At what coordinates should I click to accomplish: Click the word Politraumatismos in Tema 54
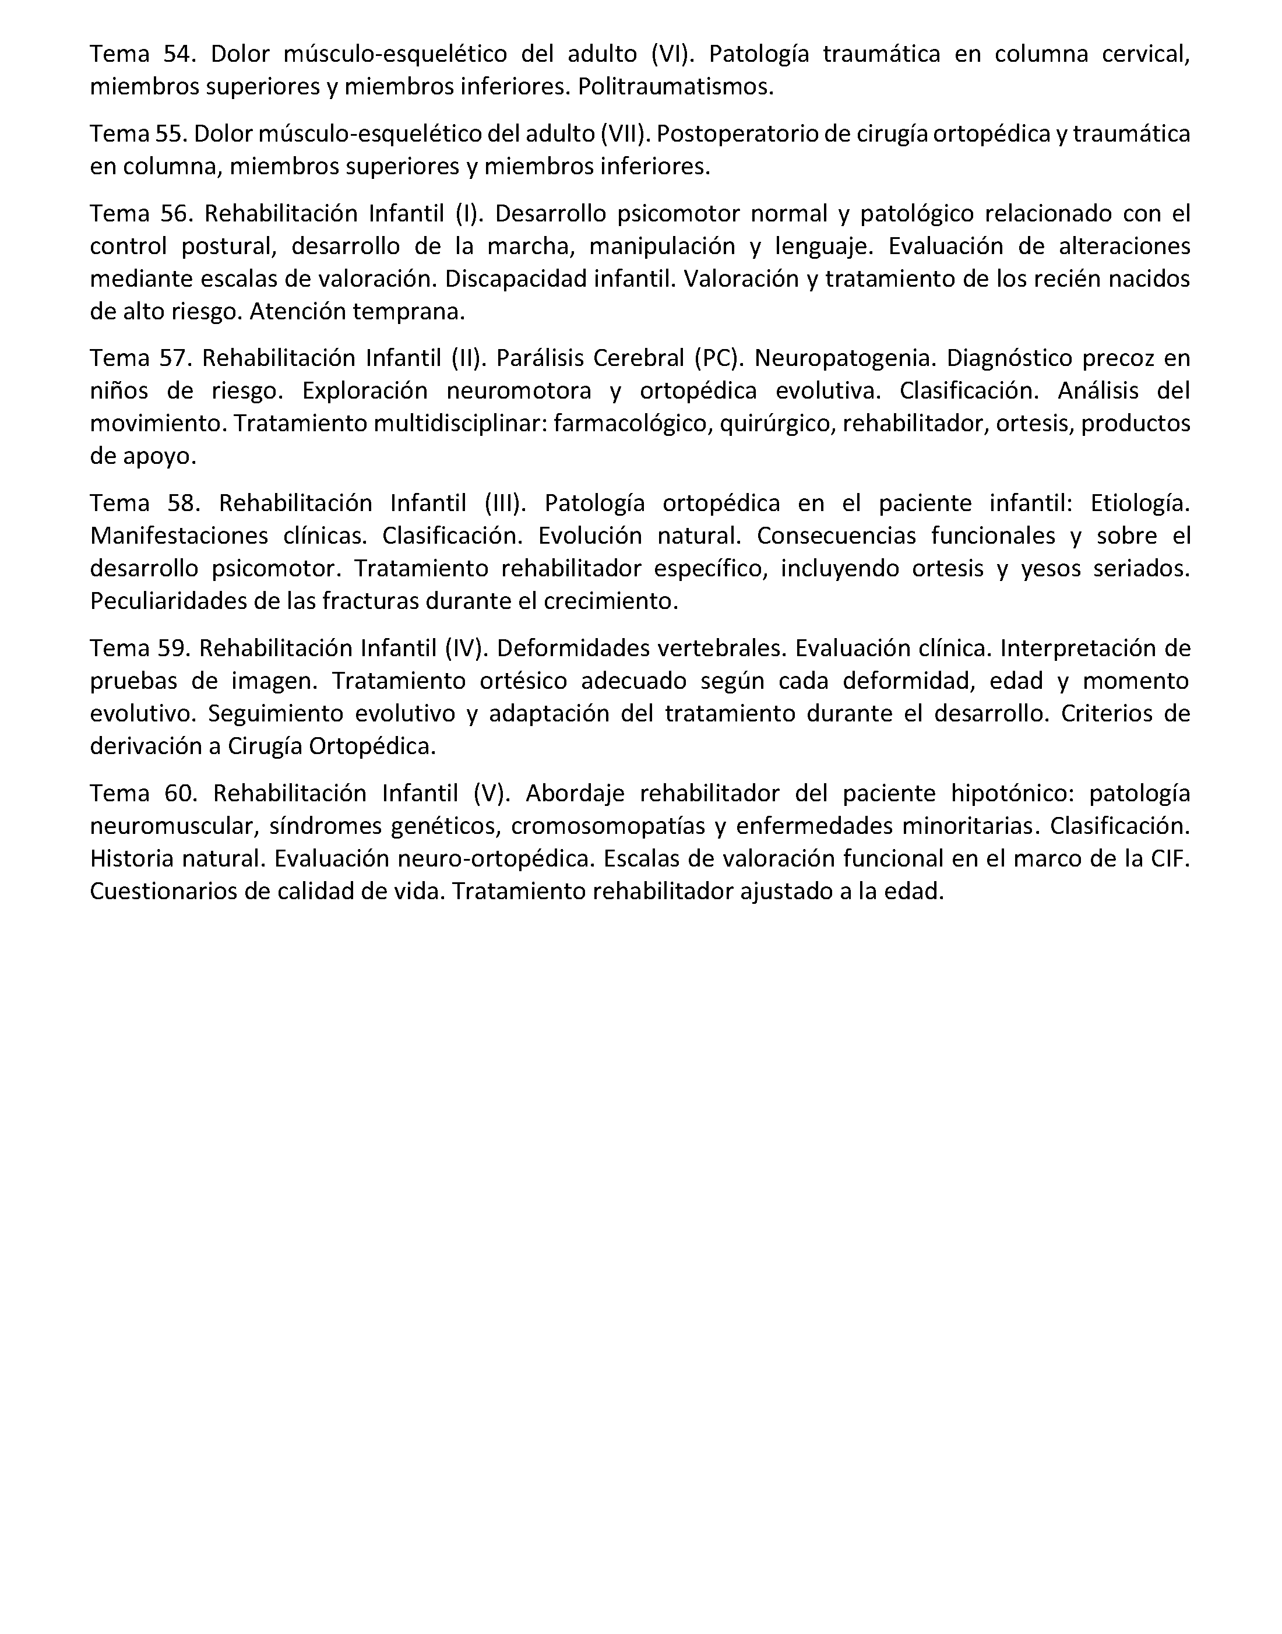[x=675, y=87]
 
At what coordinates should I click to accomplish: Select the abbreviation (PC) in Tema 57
[x=719, y=358]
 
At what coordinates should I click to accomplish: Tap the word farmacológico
[x=632, y=423]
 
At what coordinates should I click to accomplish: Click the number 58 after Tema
[x=183, y=503]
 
